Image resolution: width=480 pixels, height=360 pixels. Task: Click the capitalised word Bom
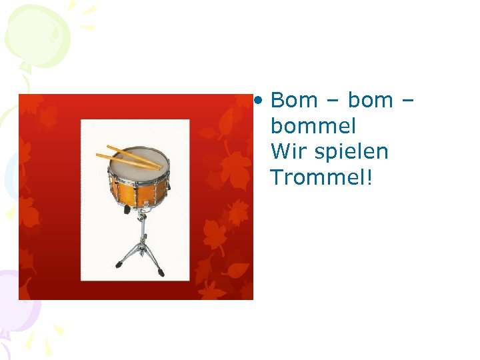295,101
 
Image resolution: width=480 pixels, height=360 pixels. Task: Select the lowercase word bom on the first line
371,101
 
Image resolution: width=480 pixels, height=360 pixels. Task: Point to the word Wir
287,151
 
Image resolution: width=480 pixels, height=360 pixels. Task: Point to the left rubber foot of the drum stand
119,265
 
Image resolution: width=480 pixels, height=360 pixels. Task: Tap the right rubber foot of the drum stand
161,273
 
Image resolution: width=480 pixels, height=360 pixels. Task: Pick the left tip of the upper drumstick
107,147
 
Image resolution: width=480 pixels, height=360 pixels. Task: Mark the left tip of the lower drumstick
97,156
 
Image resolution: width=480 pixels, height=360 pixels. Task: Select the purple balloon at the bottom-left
17,300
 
